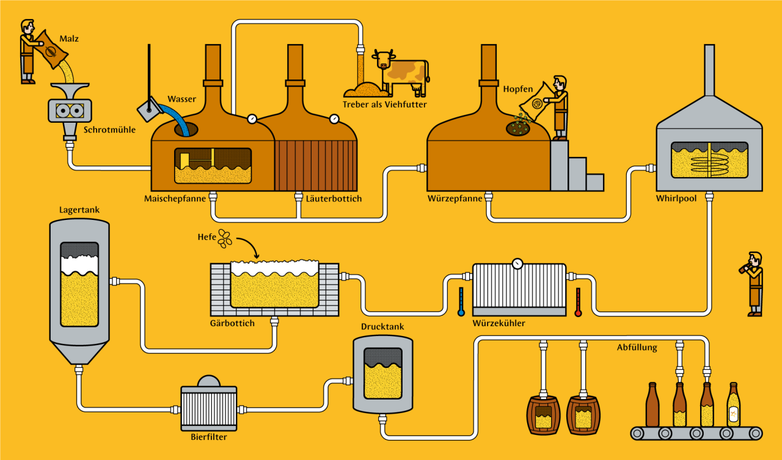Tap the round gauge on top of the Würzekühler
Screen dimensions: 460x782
[518, 263]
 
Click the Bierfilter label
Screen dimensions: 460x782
[208, 436]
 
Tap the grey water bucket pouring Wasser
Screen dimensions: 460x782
[148, 110]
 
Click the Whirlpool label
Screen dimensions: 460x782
[676, 199]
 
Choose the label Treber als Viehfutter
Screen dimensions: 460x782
[385, 104]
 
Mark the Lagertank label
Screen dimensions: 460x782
[79, 210]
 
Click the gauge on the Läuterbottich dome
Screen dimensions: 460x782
[334, 119]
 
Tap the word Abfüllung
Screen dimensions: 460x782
[637, 348]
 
